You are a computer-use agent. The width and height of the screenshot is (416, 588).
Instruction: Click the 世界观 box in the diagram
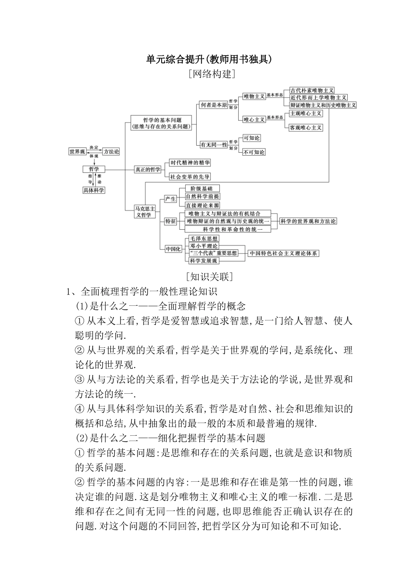(77, 152)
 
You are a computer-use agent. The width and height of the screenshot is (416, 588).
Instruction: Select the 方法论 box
(111, 152)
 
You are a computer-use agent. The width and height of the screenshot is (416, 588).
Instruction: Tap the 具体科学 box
(94, 190)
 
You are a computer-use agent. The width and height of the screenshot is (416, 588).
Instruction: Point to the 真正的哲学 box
(148, 169)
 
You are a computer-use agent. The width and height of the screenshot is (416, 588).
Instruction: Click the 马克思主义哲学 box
(145, 212)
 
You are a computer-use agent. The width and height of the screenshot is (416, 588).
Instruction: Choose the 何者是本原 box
(214, 105)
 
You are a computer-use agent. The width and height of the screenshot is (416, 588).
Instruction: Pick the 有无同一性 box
(214, 144)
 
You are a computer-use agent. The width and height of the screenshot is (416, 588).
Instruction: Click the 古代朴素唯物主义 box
(312, 90)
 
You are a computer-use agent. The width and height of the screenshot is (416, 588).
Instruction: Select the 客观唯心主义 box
(306, 128)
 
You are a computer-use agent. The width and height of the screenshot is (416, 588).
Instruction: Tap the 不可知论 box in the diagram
(254, 152)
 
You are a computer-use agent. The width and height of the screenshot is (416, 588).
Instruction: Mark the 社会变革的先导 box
(190, 177)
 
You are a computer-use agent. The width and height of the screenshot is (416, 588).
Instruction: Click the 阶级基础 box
(202, 189)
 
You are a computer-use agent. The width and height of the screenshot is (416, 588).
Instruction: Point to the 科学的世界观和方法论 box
(308, 221)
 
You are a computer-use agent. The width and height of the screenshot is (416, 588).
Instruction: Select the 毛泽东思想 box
(204, 239)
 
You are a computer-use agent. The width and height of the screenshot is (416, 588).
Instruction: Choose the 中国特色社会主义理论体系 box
(283, 253)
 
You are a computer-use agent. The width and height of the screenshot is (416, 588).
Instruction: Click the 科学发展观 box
(204, 261)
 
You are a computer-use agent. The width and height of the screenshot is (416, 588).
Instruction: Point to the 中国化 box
(173, 249)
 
